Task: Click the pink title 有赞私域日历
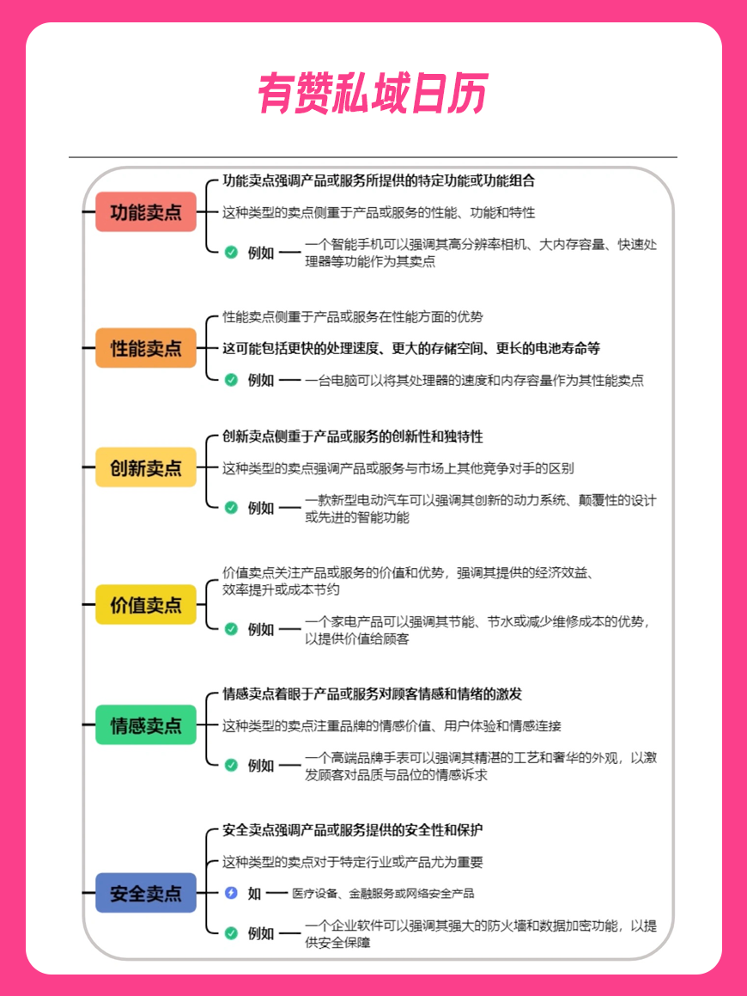click(x=373, y=93)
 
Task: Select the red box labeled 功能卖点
click(x=146, y=212)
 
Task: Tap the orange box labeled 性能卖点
click(x=146, y=348)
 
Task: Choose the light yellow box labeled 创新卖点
click(x=146, y=467)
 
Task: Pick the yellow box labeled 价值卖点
click(x=146, y=605)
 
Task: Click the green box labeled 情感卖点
click(x=146, y=724)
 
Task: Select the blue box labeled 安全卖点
click(x=146, y=893)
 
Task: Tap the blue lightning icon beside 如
click(x=231, y=893)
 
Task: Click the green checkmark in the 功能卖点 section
click(x=231, y=252)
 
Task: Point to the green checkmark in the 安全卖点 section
click(x=231, y=933)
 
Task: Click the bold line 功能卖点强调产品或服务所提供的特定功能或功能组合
click(x=379, y=181)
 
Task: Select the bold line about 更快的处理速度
click(x=410, y=348)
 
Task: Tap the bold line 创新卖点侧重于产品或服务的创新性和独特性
click(x=352, y=437)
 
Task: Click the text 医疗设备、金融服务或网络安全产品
click(x=383, y=894)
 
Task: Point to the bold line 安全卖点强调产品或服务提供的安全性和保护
click(x=352, y=830)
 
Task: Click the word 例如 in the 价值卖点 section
click(x=261, y=630)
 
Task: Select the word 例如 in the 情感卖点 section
click(x=261, y=766)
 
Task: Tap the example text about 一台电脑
click(x=474, y=381)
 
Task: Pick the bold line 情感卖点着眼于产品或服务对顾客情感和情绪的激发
click(x=372, y=694)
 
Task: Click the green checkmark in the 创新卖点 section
click(x=231, y=508)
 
